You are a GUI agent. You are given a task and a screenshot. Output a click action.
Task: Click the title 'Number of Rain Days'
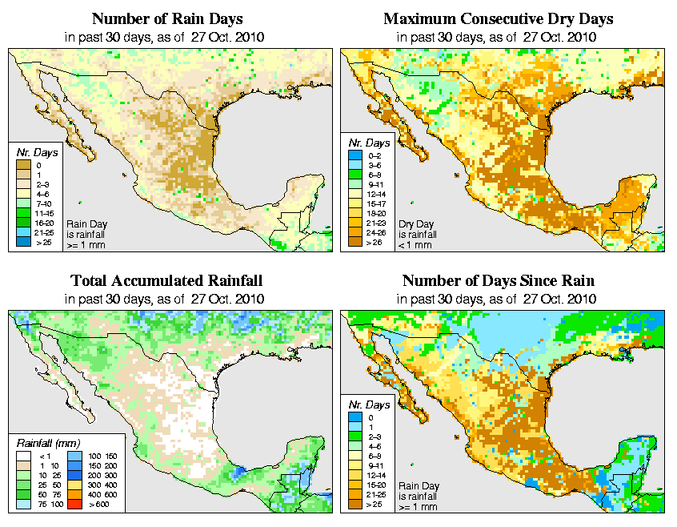(166, 18)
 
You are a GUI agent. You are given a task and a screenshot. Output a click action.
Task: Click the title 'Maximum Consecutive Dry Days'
(498, 18)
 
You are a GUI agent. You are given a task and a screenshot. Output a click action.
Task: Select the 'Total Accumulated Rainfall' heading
(166, 281)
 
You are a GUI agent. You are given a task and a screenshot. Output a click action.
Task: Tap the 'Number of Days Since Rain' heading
(498, 281)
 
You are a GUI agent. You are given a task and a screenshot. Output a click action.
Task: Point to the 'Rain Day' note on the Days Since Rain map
(419, 495)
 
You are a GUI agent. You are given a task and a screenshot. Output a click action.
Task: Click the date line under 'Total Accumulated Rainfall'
(166, 299)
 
